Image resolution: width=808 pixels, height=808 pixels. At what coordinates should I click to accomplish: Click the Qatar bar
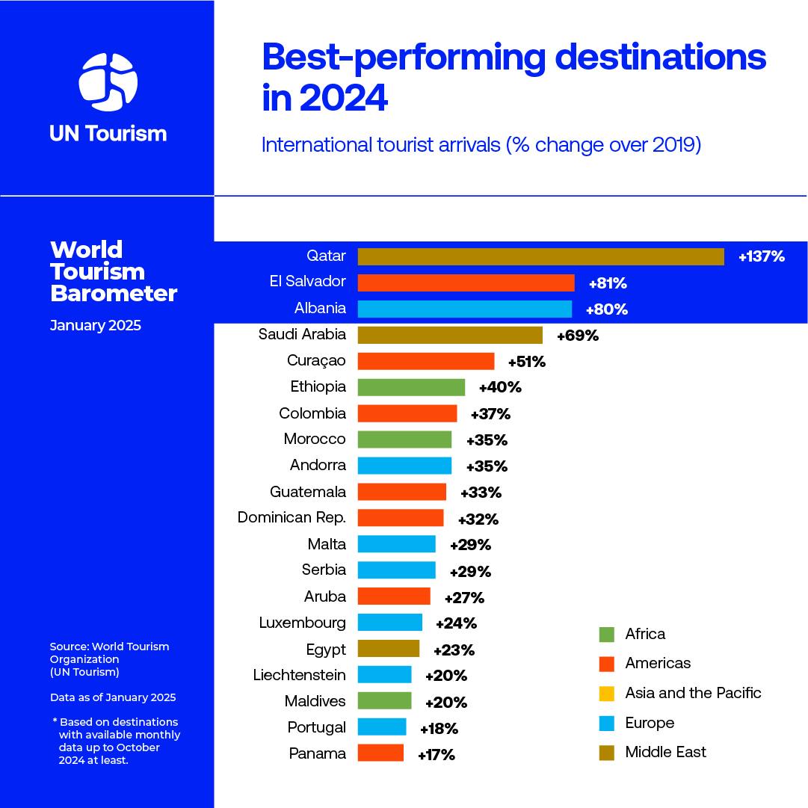(x=540, y=256)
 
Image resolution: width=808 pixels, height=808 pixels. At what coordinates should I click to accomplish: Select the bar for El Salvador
(x=466, y=283)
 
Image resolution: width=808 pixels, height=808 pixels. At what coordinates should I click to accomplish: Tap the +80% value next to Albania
(x=606, y=309)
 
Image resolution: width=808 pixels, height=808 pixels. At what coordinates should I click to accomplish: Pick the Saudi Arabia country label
(x=302, y=334)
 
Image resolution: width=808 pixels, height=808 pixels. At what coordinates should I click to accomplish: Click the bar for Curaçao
(x=425, y=361)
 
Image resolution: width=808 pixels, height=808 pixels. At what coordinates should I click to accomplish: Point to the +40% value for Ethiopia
(x=499, y=387)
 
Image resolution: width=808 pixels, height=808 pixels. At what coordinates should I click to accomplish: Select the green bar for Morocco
(x=404, y=440)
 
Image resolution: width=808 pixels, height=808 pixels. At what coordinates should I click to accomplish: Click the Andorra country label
(x=318, y=465)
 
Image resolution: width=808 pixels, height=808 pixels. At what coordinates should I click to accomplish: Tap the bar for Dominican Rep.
(x=400, y=518)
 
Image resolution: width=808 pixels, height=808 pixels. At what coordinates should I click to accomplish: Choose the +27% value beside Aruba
(x=464, y=597)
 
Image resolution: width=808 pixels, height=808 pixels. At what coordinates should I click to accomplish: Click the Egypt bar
(x=388, y=649)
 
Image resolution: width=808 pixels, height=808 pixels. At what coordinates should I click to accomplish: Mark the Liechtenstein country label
(x=299, y=675)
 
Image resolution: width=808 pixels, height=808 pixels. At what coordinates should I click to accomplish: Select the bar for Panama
(x=380, y=753)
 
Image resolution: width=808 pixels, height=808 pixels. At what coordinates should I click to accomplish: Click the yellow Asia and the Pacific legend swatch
(x=606, y=694)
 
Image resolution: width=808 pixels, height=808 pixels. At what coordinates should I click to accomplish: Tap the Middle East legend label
(x=665, y=752)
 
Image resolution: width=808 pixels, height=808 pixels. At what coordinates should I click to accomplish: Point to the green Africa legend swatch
(x=606, y=635)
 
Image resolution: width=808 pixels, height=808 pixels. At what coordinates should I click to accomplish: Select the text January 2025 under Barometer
(x=95, y=326)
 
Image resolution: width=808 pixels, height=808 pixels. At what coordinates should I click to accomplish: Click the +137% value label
(x=761, y=257)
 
